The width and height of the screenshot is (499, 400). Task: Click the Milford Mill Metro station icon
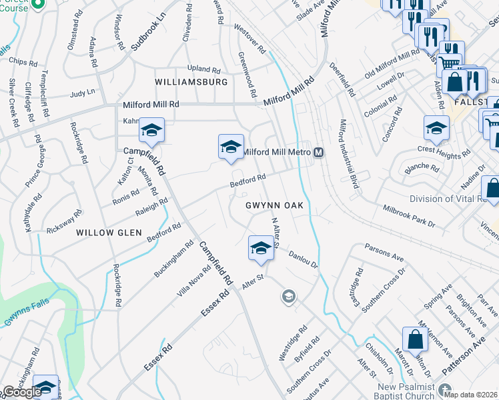pyautogui.click(x=319, y=152)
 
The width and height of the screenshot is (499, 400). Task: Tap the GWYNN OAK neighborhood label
pyautogui.click(x=274, y=205)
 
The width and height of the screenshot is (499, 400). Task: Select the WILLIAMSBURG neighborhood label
pyautogui.click(x=191, y=81)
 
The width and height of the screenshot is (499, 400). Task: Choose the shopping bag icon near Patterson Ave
pyautogui.click(x=415, y=339)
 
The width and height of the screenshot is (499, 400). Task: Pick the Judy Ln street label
pyautogui.click(x=83, y=93)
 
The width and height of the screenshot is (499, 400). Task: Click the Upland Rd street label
pyautogui.click(x=203, y=69)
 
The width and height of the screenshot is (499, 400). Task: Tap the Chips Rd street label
pyautogui.click(x=23, y=62)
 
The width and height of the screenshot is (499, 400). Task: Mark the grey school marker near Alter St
pyautogui.click(x=288, y=296)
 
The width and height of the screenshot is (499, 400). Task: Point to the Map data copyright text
pyautogui.click(x=471, y=394)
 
